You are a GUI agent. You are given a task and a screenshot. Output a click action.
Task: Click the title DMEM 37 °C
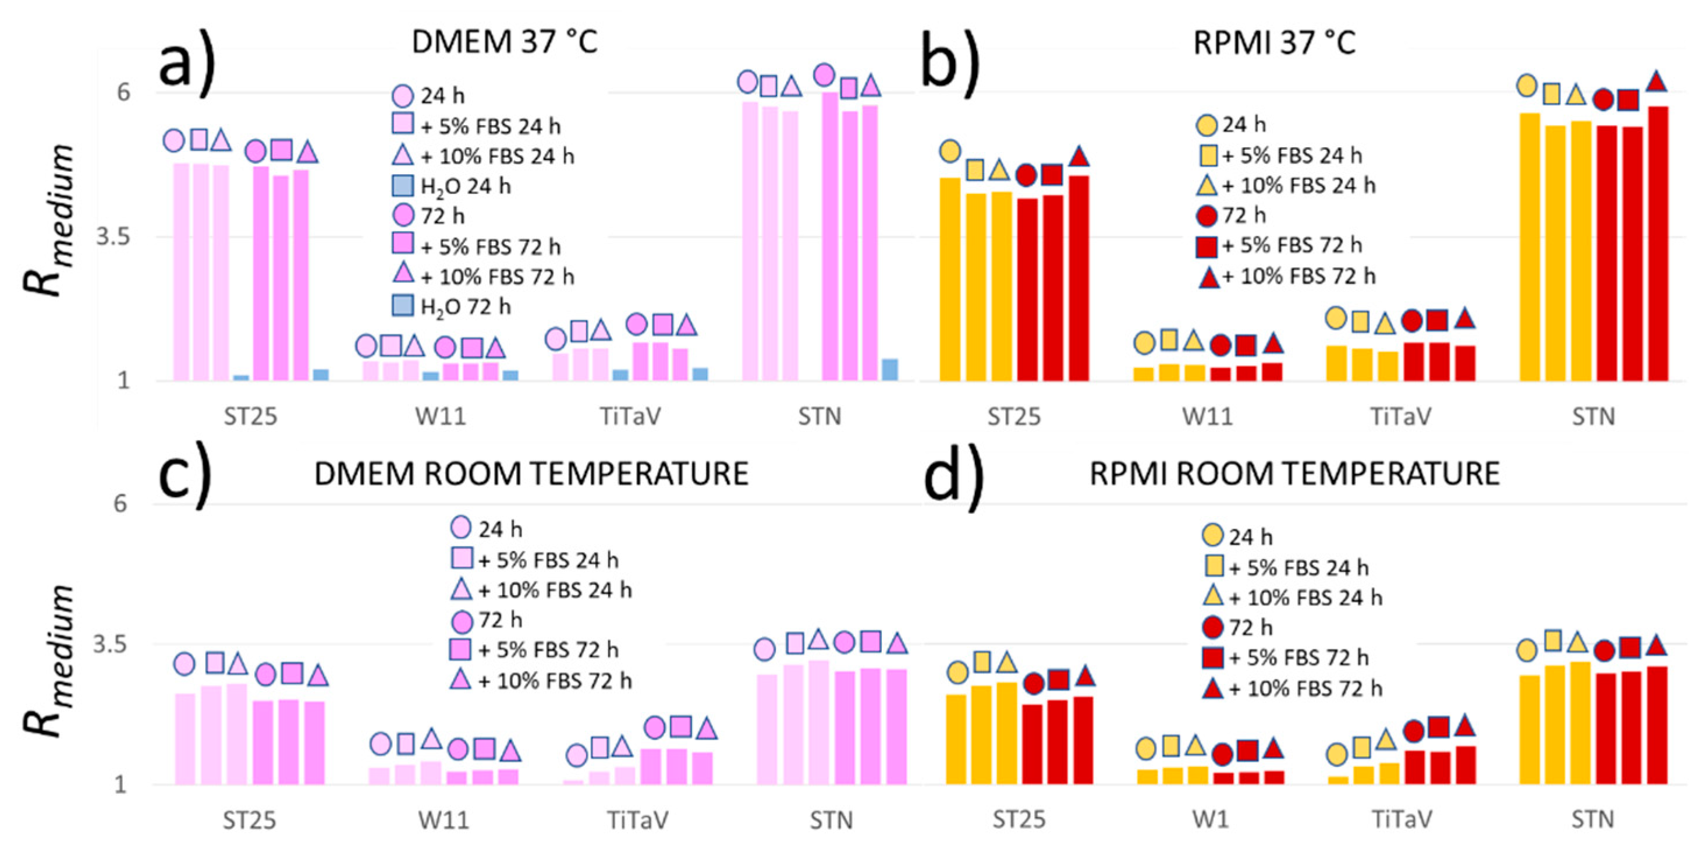505,42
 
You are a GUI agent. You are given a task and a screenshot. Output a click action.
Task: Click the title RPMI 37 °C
1274,43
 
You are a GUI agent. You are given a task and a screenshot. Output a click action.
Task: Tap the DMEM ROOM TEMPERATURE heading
531,473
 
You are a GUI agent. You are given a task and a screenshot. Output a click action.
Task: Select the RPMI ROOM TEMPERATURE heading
1294,473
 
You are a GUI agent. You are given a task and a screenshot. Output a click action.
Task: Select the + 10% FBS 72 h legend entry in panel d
1293,688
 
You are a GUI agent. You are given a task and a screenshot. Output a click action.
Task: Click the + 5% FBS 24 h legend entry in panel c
535,560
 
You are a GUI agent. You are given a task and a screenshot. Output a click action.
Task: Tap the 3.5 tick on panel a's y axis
113,237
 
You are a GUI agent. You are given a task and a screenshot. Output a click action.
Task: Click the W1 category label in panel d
1210,820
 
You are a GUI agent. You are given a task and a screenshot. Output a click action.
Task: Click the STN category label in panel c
831,820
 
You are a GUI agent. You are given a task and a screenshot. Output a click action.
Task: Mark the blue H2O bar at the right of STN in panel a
890,370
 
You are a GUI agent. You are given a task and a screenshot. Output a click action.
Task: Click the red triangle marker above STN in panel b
1656,82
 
